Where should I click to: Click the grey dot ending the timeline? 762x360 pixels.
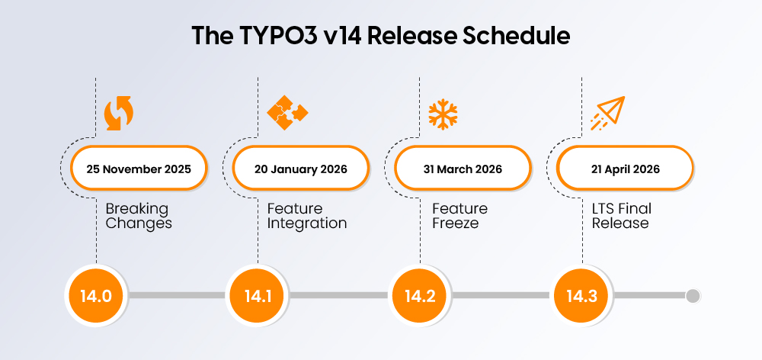pos(693,296)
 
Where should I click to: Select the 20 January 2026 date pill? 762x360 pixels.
pos(300,169)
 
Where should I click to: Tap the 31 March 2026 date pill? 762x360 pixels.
pos(463,169)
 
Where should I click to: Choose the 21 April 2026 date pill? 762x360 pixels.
pos(624,169)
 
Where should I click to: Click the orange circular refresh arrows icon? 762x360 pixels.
pos(118,113)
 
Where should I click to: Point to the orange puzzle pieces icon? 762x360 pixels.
pos(287,112)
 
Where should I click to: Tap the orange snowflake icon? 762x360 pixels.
pos(442,113)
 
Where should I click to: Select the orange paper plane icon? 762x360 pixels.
pos(607,112)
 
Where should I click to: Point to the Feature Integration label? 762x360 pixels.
pos(306,216)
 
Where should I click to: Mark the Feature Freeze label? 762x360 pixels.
pos(459,216)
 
